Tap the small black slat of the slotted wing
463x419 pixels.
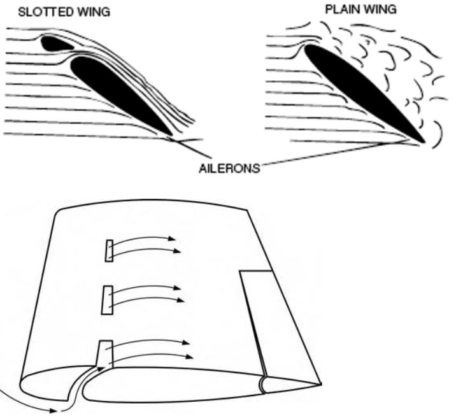click(x=55, y=43)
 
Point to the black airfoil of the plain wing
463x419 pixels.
click(x=363, y=92)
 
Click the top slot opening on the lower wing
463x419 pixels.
click(x=109, y=250)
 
